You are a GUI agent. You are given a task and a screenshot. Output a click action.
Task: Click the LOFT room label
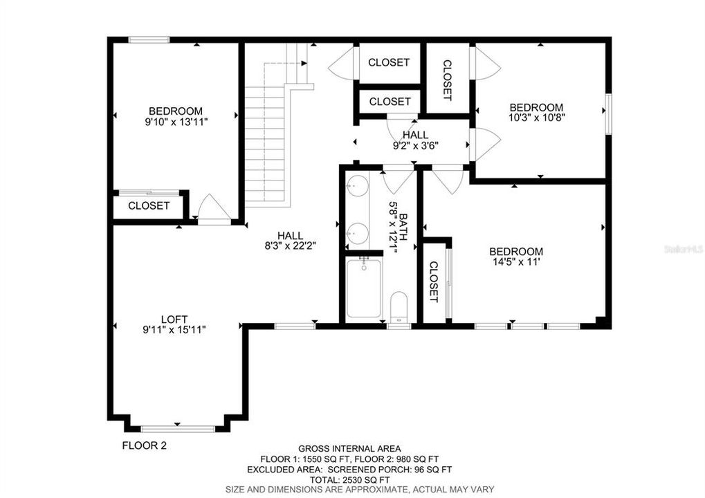pyautogui.click(x=174, y=319)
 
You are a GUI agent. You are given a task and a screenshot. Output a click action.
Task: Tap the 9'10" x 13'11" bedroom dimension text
pyautogui.click(x=176, y=121)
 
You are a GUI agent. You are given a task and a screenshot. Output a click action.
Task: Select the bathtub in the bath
pyautogui.click(x=364, y=288)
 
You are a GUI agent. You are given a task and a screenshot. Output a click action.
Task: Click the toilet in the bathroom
pyautogui.click(x=399, y=306)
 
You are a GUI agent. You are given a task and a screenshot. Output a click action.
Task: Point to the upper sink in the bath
pyautogui.click(x=358, y=186)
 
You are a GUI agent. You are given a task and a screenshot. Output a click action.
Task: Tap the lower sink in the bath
pyautogui.click(x=358, y=233)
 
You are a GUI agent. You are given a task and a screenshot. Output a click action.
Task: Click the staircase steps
pyautogui.click(x=265, y=145)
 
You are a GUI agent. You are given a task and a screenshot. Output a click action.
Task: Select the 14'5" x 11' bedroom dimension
pyautogui.click(x=515, y=262)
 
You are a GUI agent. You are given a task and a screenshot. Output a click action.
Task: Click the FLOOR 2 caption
pyautogui.click(x=144, y=445)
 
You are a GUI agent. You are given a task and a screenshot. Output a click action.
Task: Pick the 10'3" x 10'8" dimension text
pyautogui.click(x=536, y=118)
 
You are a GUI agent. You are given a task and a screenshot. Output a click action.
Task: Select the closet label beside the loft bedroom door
pyautogui.click(x=149, y=205)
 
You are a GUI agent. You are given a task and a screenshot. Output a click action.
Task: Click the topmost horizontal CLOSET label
pyautogui.click(x=389, y=62)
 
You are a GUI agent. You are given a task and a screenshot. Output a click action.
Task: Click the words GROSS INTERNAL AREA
pyautogui.click(x=349, y=448)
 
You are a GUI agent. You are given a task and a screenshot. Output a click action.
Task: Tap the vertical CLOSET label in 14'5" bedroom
pyautogui.click(x=434, y=282)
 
